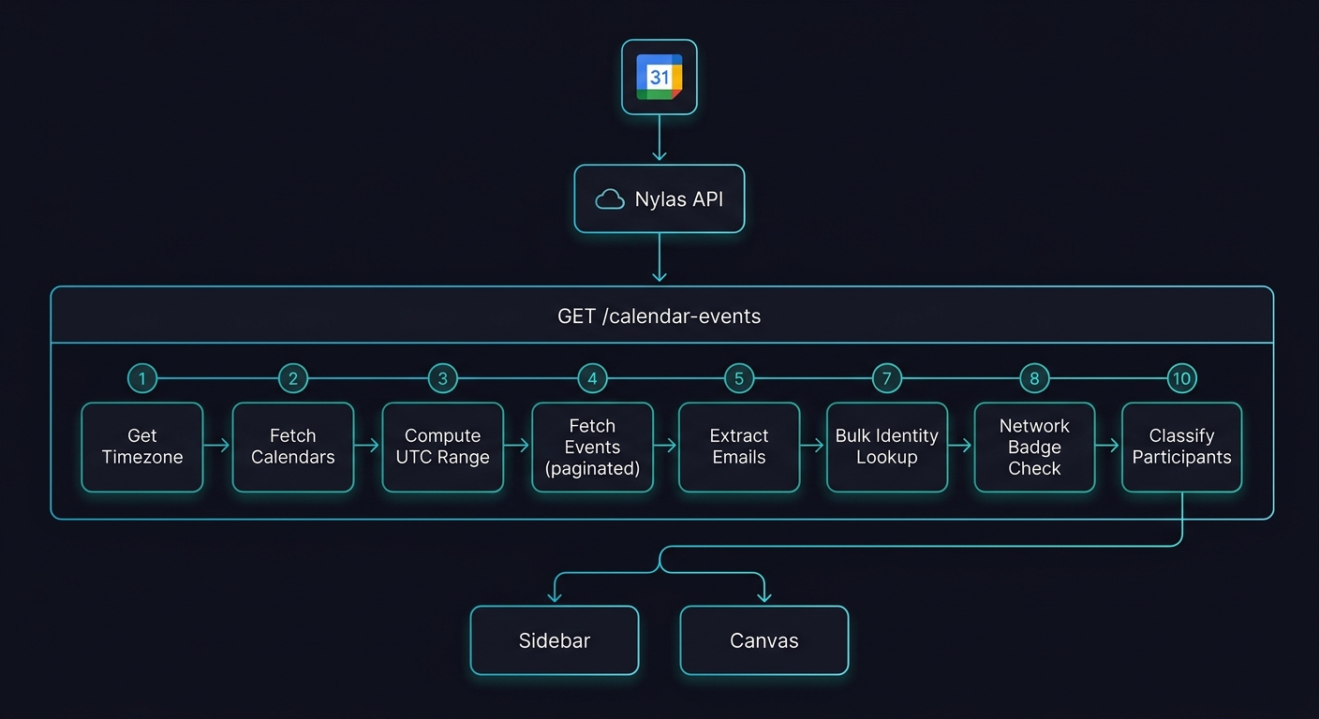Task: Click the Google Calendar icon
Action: [x=659, y=77]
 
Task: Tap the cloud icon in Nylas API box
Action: [x=610, y=199]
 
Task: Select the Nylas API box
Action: [x=659, y=199]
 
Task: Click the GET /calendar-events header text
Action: [x=659, y=316]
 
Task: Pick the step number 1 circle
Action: [x=142, y=378]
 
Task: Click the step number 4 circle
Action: [x=592, y=378]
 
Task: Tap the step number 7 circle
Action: [x=886, y=378]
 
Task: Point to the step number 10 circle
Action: [x=1181, y=378]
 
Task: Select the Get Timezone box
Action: [x=142, y=447]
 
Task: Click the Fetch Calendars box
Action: [x=293, y=447]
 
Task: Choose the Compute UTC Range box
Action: [x=442, y=447]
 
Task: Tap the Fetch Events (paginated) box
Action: [x=592, y=447]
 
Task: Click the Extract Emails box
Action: [x=739, y=447]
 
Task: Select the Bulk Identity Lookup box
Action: [x=886, y=447]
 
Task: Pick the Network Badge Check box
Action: [x=1034, y=447]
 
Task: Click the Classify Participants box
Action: [x=1181, y=447]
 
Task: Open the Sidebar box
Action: [x=555, y=640]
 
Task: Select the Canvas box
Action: [x=764, y=640]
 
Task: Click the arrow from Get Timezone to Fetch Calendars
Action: [x=217, y=447]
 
